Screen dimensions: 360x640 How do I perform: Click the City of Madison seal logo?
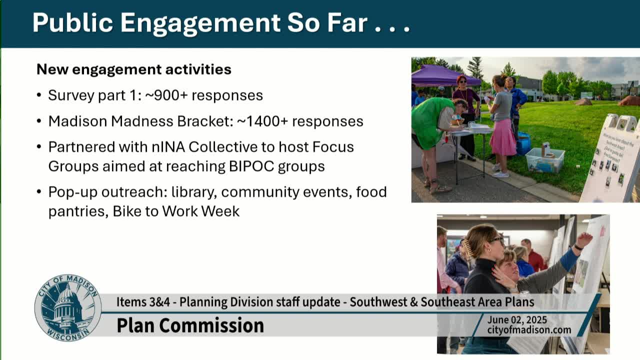coord(67,307)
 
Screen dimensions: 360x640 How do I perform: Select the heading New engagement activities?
coord(134,69)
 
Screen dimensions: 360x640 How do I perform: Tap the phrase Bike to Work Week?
coord(176,211)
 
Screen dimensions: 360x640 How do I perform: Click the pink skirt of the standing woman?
coord(502,137)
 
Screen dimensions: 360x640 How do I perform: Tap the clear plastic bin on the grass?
coord(544,160)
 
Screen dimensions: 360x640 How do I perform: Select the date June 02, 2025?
coord(517,320)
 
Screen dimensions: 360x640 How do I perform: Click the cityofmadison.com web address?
coord(529,330)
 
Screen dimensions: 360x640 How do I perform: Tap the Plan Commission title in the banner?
coord(190,325)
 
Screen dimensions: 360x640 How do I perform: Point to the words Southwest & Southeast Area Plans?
coord(442,302)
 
